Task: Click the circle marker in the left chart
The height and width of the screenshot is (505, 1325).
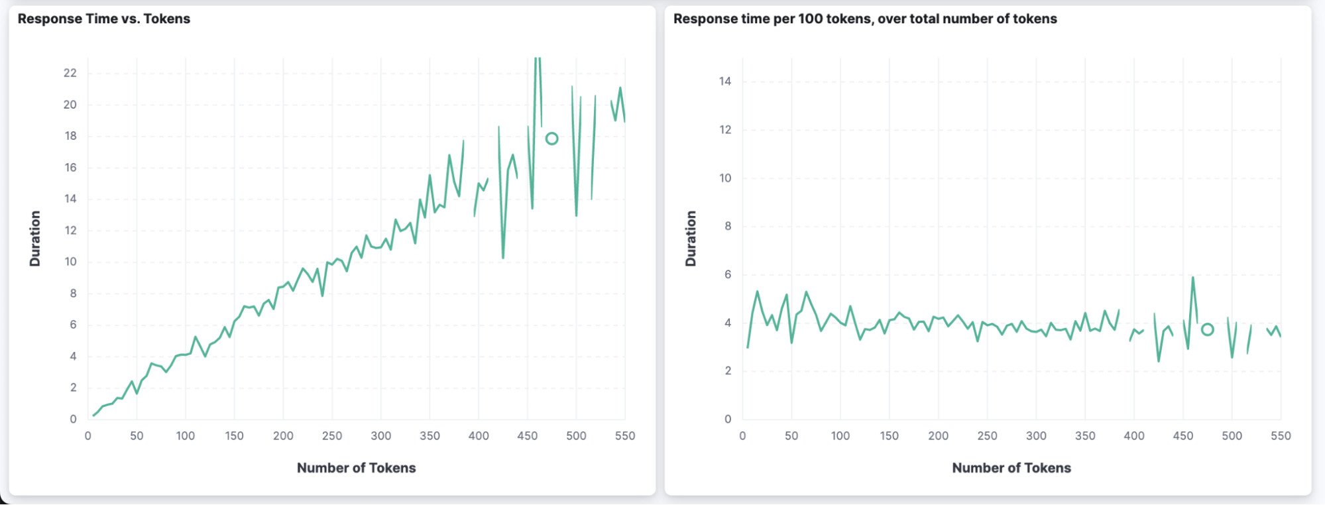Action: tap(551, 139)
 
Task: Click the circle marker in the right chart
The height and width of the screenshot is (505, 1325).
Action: tap(1208, 329)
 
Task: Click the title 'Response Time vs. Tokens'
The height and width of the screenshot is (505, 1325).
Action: tap(104, 19)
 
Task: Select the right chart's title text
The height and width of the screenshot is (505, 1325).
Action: tap(865, 19)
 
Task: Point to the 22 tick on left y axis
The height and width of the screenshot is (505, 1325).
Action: tap(70, 73)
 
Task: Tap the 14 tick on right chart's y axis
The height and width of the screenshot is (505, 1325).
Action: tap(725, 82)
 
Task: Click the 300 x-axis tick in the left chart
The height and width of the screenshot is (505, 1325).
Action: tap(381, 436)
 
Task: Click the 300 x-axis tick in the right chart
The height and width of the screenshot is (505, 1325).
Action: tap(1036, 436)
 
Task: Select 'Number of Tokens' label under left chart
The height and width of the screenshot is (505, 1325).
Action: tap(357, 468)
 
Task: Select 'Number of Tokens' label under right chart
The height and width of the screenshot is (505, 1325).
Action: tap(1011, 468)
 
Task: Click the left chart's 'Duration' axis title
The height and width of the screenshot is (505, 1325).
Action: tap(35, 239)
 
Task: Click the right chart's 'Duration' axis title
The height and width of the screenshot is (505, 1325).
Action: tap(691, 239)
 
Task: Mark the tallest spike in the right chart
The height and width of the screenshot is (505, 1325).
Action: tap(1192, 278)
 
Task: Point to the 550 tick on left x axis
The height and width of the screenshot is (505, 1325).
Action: tap(625, 436)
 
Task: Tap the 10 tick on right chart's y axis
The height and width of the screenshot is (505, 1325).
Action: tap(725, 178)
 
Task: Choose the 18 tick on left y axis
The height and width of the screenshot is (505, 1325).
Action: tap(70, 136)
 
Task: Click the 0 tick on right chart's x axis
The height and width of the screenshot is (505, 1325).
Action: tap(742, 436)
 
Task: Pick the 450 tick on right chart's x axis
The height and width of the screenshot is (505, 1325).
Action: tap(1183, 436)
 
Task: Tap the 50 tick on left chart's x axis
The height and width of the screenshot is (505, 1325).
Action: tap(137, 436)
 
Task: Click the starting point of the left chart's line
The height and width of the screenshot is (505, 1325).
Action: tap(93, 416)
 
